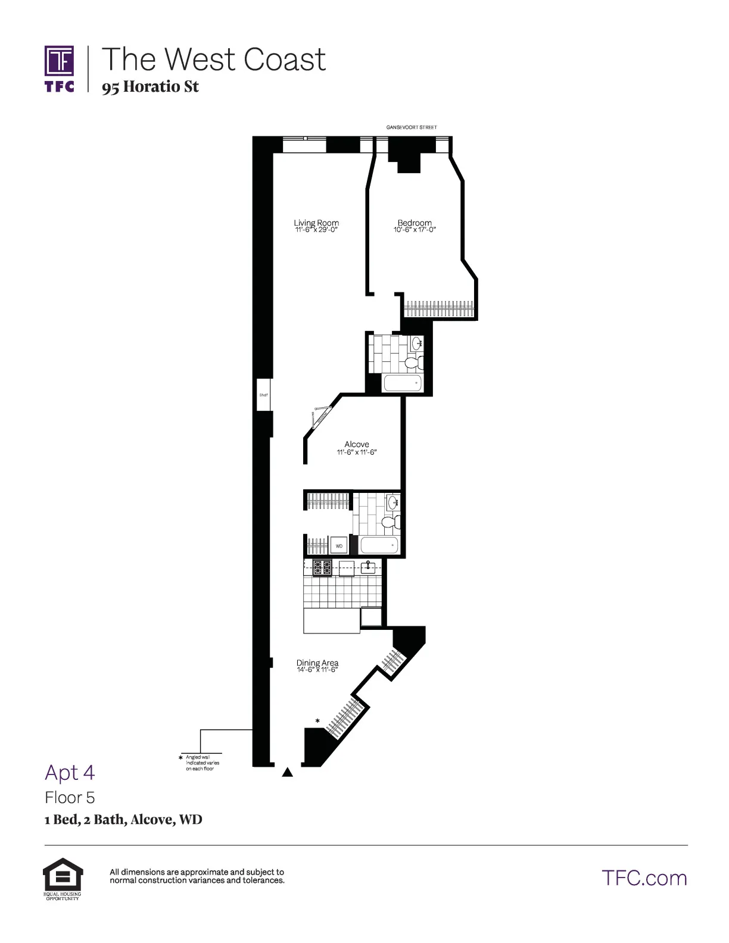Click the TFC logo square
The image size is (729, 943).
60,61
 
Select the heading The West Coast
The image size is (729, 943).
214,59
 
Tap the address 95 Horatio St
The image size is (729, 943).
150,87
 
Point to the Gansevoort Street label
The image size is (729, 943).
412,127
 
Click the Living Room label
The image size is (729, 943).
316,223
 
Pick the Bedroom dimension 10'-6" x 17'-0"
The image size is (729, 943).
415,230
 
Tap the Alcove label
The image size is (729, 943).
357,444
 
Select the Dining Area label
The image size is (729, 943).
317,663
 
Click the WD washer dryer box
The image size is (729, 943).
339,545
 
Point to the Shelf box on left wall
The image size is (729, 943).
263,395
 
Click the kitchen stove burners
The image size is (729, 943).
322,567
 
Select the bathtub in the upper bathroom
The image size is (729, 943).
403,383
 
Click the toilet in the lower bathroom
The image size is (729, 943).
389,523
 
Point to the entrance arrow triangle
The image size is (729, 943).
288,773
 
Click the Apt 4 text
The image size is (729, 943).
70,772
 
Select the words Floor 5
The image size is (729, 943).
70,797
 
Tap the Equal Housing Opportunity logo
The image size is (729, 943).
63,878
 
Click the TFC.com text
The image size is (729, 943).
644,878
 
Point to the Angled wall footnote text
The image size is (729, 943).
202,763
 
